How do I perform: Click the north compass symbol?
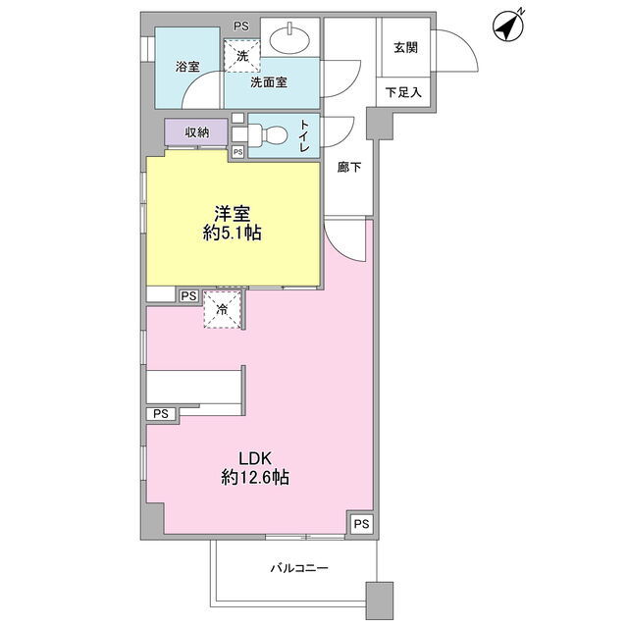pos(508,26)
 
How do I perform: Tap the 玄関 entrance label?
pos(405,48)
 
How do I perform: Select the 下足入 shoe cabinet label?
pos(403,92)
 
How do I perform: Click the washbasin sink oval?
pos(289,39)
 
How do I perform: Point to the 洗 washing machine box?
pos(242,56)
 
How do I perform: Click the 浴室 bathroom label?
pos(187,67)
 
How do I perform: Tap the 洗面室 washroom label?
pos(269,82)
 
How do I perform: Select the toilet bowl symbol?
pos(267,134)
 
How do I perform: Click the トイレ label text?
pos(305,135)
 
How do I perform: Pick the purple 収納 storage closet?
pos(196,132)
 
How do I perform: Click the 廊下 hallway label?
pos(349,167)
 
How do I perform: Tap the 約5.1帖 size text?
pos(233,233)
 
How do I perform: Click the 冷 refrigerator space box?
pos(223,310)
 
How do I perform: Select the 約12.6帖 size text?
pos(255,477)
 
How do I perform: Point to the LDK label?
pos(255,458)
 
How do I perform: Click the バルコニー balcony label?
pos(299,568)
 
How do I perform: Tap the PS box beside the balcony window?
pos(362,523)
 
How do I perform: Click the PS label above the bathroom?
pos(241,26)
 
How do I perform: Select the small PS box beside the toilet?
pos(237,152)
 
